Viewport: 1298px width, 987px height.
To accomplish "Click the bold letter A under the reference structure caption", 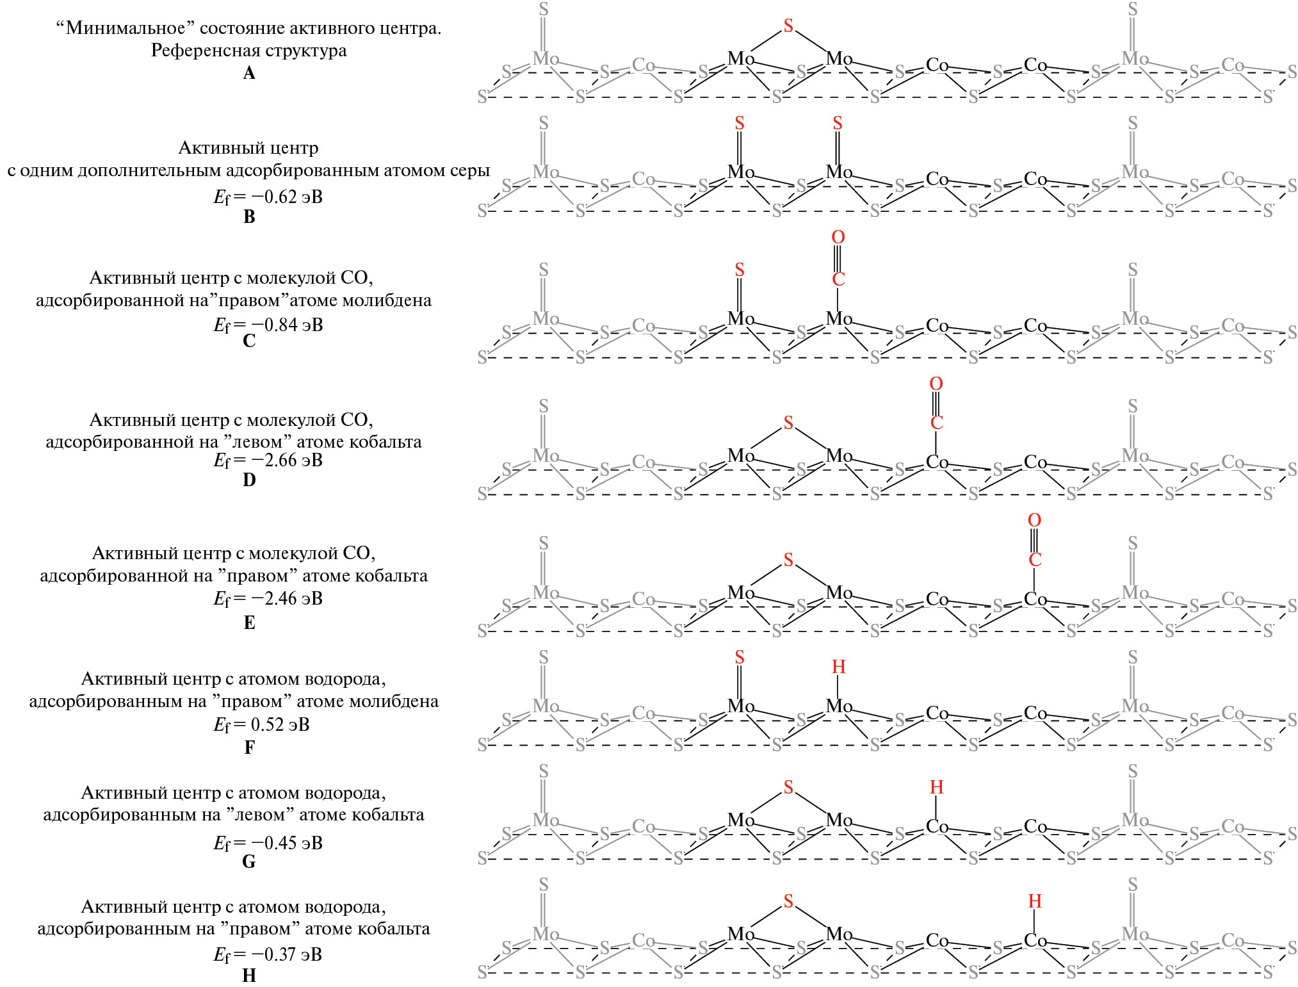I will coord(249,73).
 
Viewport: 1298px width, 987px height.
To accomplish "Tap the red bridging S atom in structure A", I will coord(788,26).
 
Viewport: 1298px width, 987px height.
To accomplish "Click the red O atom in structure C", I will coord(838,237).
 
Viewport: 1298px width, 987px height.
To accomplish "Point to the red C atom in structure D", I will coord(936,423).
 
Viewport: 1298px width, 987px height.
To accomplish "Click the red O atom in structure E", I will coord(1034,520).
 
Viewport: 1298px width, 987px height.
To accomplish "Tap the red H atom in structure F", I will coord(838,667).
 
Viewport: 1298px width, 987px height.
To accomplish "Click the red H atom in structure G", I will coord(936,787).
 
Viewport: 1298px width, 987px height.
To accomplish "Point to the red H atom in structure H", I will coord(1034,901).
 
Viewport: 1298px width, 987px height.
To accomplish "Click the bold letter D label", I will coord(249,480).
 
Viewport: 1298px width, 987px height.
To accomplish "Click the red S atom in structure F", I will coord(740,657).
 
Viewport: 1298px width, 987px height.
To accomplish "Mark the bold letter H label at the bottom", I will coord(249,975).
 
